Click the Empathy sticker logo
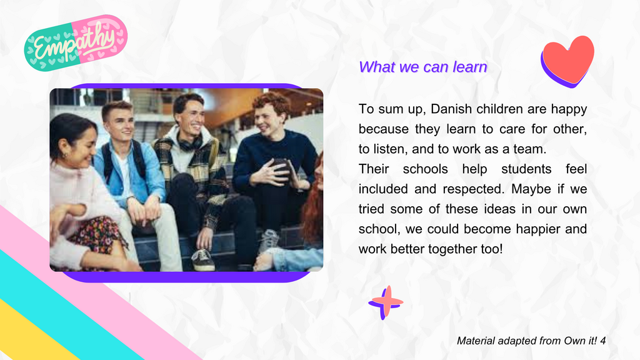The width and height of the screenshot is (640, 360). coord(76,43)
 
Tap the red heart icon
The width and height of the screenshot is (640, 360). coord(567,61)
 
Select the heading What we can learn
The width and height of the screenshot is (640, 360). coord(423,67)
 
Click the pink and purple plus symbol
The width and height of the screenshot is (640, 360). coord(386,302)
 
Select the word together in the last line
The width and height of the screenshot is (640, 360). coord(450,249)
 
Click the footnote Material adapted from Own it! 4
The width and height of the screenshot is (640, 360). coord(531,341)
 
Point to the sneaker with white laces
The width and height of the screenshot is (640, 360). coord(203,260)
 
